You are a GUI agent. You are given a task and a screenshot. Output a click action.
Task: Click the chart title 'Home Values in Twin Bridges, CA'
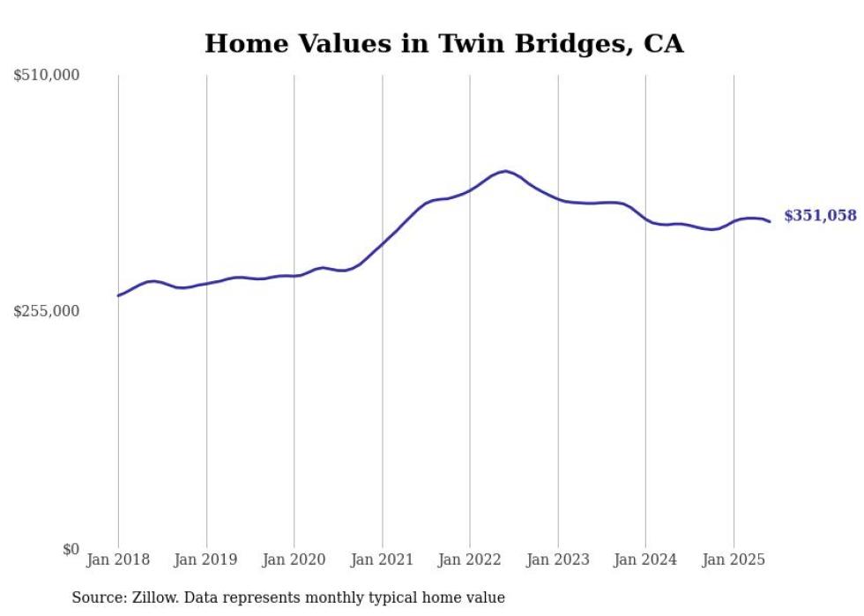click(x=443, y=43)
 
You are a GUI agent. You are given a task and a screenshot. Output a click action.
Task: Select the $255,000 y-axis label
click(x=47, y=311)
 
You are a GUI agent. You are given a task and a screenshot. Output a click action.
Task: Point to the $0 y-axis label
click(x=71, y=549)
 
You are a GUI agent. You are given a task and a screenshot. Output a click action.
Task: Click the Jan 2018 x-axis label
click(x=118, y=560)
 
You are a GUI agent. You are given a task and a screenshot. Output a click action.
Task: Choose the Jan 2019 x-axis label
click(x=206, y=560)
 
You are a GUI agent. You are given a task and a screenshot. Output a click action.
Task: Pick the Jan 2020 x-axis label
click(x=294, y=560)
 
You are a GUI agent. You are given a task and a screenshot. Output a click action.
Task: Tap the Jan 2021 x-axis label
click(x=382, y=560)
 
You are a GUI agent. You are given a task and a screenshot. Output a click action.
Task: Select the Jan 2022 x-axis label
click(x=470, y=560)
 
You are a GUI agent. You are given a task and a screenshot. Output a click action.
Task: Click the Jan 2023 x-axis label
click(x=558, y=560)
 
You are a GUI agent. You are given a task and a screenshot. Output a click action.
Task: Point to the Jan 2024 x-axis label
click(x=645, y=560)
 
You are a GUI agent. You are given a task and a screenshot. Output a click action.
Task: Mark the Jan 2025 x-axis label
click(x=734, y=560)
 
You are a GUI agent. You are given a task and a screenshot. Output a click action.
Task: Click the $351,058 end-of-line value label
click(x=820, y=216)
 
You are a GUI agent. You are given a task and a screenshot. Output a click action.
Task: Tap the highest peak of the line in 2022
click(x=504, y=171)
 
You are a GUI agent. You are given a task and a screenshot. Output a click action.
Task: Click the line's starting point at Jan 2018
click(x=118, y=295)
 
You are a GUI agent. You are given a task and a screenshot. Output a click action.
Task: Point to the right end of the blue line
click(x=770, y=221)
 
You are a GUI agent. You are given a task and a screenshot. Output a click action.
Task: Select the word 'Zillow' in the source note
click(x=150, y=597)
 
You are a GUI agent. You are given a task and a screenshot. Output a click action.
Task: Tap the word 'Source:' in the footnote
click(x=97, y=597)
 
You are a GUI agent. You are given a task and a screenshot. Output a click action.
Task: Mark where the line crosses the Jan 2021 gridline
click(x=382, y=242)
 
